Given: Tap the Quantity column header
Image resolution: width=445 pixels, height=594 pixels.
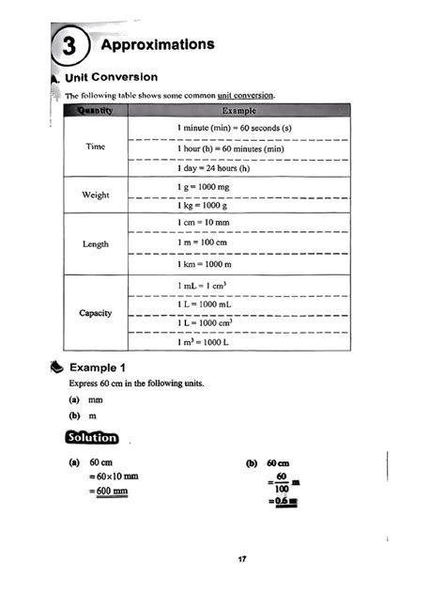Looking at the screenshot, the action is pos(94,111).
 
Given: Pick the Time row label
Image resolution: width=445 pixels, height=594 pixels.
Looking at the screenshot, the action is pos(95,148).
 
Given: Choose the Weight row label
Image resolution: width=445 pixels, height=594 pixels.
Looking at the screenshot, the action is pos(95,195).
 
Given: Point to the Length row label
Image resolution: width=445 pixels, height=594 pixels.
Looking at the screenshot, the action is pos(95,244).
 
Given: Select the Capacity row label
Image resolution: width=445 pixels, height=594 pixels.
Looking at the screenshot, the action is pos(95,312).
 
